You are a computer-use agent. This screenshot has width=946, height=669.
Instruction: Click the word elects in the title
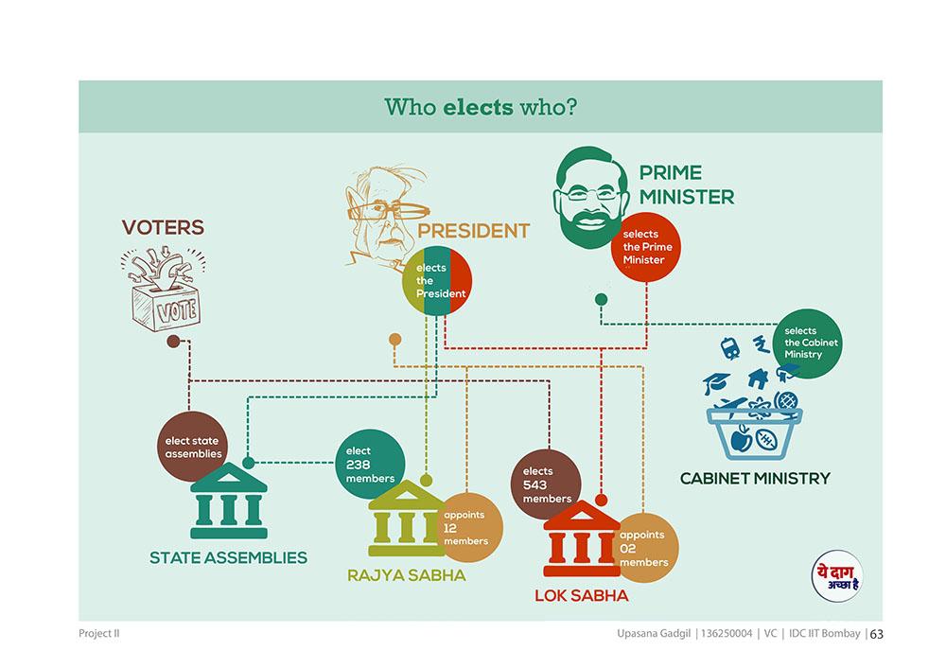478,107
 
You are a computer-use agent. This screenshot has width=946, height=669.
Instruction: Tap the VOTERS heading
163,227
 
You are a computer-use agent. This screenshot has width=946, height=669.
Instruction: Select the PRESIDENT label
473,231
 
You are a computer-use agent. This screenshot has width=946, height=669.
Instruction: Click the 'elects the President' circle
437,280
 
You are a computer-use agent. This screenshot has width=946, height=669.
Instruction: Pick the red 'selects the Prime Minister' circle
646,247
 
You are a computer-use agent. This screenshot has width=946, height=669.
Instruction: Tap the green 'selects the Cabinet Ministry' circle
807,343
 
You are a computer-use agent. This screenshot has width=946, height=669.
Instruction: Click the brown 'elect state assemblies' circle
192,447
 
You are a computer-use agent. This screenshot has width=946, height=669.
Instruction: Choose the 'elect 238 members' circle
370,464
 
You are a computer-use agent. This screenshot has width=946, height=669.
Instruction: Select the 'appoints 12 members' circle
469,528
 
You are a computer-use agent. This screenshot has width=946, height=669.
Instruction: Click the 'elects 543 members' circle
546,484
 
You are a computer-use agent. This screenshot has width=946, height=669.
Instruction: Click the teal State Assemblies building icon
229,501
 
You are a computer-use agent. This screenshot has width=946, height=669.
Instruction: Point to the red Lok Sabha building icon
582,538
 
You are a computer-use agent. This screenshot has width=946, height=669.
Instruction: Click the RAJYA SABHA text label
407,575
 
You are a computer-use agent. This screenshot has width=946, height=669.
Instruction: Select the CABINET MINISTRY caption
755,479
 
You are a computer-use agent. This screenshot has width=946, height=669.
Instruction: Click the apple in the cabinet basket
741,438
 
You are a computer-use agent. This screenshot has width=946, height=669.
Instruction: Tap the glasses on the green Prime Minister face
589,195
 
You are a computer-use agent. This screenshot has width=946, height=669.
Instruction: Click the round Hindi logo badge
837,576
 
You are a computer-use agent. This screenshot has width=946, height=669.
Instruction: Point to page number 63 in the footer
877,634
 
